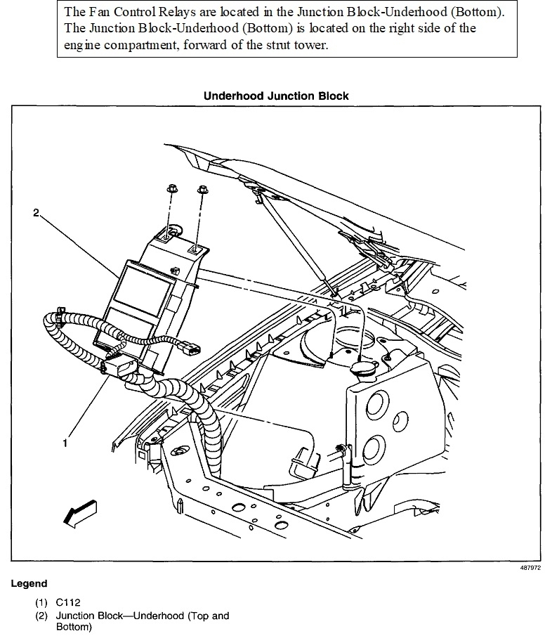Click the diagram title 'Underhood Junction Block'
[276, 96]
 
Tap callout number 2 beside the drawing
[37, 213]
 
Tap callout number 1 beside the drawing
[66, 443]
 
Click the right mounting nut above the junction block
[203, 190]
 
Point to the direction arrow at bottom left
[79, 514]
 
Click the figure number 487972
[532, 567]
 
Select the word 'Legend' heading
[29, 584]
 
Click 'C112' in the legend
[69, 603]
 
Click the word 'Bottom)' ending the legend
[74, 627]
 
